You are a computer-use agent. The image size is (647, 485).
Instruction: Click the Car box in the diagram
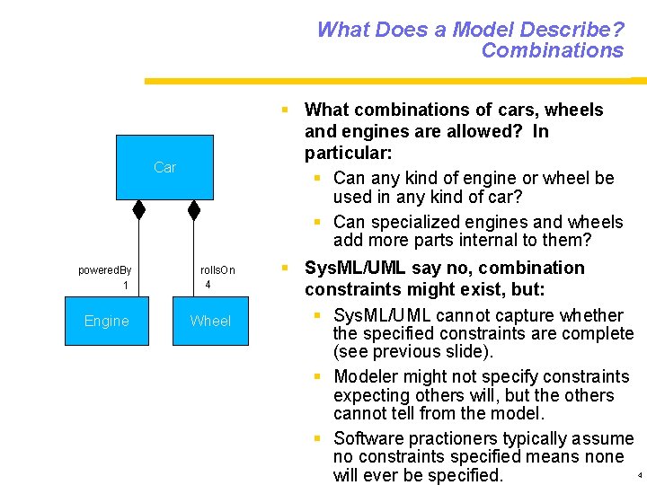click(x=164, y=167)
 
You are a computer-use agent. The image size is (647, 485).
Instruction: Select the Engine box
click(x=106, y=321)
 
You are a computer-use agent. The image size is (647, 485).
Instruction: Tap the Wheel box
click(x=210, y=321)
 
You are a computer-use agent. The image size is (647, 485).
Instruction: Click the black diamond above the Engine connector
click(x=138, y=209)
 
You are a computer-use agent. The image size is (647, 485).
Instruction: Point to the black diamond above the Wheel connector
click(x=193, y=209)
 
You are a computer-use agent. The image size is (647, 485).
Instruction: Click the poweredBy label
click(x=104, y=269)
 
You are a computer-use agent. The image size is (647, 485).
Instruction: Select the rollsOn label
click(x=217, y=269)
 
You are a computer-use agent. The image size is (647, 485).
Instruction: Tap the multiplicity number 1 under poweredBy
click(x=126, y=286)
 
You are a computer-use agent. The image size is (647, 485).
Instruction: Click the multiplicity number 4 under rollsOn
click(x=208, y=285)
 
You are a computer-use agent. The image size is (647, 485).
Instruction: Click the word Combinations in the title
click(x=552, y=50)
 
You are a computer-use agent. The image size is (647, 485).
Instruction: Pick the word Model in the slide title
click(x=488, y=30)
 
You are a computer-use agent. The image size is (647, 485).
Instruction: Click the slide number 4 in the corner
click(x=640, y=474)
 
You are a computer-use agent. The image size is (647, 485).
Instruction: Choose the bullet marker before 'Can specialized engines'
click(x=318, y=222)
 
